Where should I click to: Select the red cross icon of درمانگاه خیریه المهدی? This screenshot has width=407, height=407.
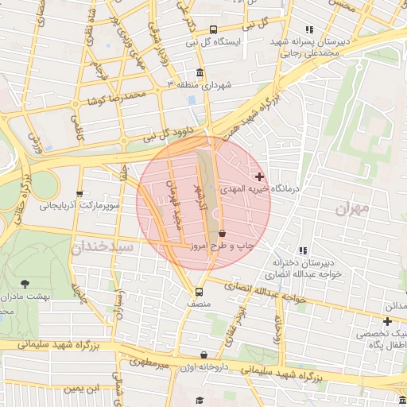tap(259, 176)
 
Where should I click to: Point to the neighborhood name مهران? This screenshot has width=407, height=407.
tap(353, 210)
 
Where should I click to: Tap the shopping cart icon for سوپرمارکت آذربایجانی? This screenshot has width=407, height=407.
tap(79, 193)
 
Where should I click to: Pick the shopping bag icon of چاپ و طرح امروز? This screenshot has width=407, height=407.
tap(222, 234)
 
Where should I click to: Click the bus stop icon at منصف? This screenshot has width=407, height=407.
tap(200, 290)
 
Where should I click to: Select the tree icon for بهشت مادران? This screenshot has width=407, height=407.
tap(25, 283)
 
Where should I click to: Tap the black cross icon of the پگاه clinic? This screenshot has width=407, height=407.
tap(387, 322)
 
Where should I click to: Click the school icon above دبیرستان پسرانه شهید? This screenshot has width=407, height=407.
tap(309, 29)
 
